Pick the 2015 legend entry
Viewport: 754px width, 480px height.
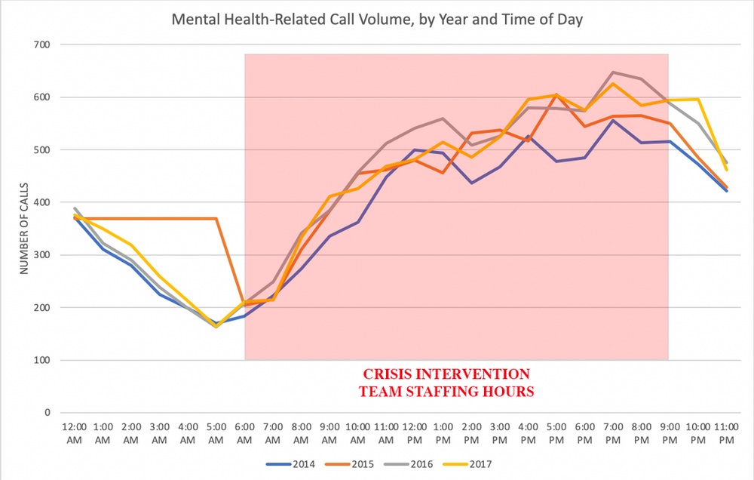pos(356,464)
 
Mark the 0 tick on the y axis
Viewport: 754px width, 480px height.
pos(46,413)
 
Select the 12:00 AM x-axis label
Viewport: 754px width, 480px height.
pos(75,433)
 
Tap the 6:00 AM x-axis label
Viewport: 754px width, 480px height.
pos(244,433)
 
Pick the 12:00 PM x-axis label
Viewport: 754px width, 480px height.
pos(414,433)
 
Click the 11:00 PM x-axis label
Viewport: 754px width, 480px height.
pos(725,433)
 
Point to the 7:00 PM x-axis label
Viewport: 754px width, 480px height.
pos(611,433)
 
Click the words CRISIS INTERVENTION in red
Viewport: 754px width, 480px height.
pos(446,374)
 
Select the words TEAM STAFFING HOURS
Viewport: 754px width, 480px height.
pos(446,392)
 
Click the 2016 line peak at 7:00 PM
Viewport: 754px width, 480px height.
pos(612,72)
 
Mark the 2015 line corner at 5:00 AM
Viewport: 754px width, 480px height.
pos(216,219)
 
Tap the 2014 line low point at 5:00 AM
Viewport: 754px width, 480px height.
pos(216,324)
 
